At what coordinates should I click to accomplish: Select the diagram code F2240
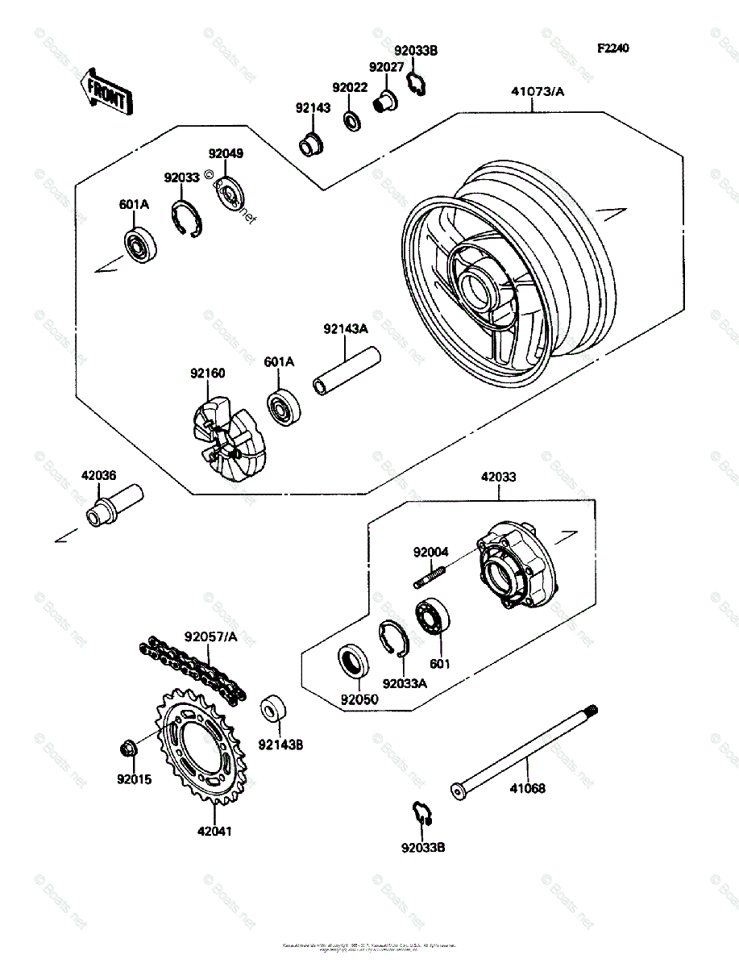pos(612,48)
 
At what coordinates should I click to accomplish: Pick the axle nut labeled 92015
pos(128,749)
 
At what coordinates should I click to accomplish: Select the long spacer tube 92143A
pos(346,371)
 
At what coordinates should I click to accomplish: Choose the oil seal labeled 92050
pos(353,659)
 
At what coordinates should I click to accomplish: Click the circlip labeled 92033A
pos(395,638)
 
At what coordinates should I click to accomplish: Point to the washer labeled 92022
pos(352,121)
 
